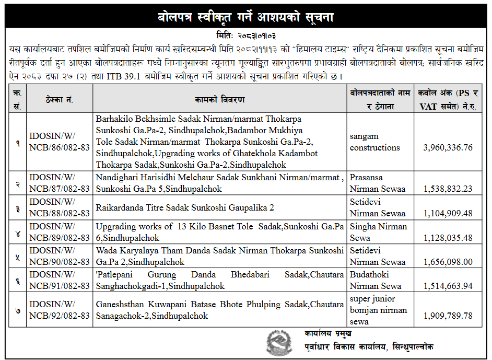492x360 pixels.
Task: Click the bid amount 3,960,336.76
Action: pos(448,147)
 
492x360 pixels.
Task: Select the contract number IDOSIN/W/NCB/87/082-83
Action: pos(60,183)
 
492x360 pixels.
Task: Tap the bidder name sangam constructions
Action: pos(374,142)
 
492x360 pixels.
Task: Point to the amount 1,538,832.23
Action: pos(448,189)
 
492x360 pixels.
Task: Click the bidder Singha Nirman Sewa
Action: pos(378,232)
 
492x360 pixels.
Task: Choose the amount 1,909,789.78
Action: pos(448,316)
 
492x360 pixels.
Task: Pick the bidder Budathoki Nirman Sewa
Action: pos(376,280)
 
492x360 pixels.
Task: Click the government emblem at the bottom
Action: pos(280,343)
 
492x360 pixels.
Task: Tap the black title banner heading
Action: pos(245,17)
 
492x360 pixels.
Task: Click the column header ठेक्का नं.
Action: pos(60,99)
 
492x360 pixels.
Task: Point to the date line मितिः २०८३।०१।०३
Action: pos(245,36)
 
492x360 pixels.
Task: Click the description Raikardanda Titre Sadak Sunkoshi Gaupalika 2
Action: pos(185,207)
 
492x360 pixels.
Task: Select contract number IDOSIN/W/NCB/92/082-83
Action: pos(60,310)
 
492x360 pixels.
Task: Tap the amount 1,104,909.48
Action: pos(448,213)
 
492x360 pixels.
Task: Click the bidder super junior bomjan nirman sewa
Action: pos(378,310)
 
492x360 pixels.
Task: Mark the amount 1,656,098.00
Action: pos(448,262)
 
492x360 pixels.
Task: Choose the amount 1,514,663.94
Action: pos(448,286)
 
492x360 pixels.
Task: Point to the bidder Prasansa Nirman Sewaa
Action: pos(377,183)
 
